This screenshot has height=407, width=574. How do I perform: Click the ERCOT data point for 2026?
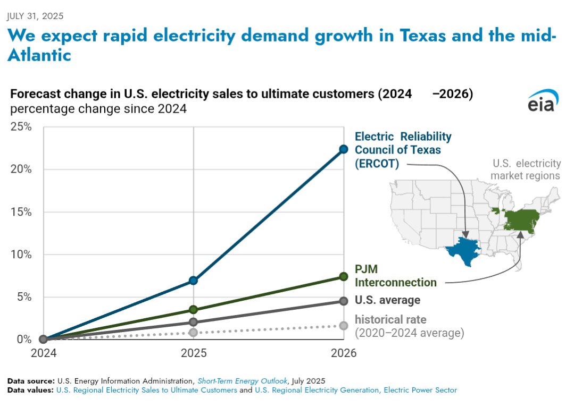point(343,149)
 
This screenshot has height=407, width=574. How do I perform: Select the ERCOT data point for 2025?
point(193,280)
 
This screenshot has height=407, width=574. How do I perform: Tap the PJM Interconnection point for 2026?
point(343,276)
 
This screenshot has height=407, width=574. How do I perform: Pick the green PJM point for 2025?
point(193,309)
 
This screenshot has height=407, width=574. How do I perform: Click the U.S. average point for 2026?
point(343,301)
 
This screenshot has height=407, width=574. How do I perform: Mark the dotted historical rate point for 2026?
point(343,325)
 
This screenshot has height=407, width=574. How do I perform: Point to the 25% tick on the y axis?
point(21,127)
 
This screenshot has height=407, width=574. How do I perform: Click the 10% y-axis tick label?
point(21,255)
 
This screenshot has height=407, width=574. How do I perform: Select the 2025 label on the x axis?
point(193,353)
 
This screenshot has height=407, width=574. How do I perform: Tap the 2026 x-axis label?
point(343,353)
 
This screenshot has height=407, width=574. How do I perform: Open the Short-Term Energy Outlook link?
point(242,381)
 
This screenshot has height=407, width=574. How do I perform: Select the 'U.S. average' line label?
point(387,300)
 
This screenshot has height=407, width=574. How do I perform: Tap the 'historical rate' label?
point(390,320)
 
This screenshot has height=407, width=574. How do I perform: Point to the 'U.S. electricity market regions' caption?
point(525,169)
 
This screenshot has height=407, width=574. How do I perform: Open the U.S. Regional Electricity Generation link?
point(356,390)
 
